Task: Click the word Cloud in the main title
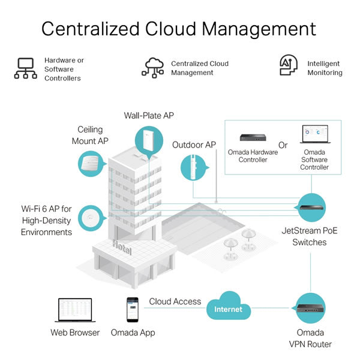coord(170,29)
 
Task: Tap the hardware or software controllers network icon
coord(26,68)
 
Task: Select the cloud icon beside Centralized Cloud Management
coord(152,68)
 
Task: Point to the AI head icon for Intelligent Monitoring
coord(289,65)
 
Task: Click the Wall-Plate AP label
coord(149,115)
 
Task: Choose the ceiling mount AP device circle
coord(91,164)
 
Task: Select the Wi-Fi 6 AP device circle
coord(91,218)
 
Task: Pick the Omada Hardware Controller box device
coord(253,137)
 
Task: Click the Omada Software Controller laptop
coord(315,134)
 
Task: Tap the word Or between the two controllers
coord(283,145)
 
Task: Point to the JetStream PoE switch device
coord(311,208)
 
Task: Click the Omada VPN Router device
coord(310,308)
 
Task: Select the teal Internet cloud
coord(229,306)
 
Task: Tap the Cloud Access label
coord(175,301)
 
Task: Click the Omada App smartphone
coord(133,310)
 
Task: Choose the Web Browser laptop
coord(76,310)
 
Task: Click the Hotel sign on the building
coord(122,247)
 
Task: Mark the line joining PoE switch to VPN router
coord(310,272)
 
